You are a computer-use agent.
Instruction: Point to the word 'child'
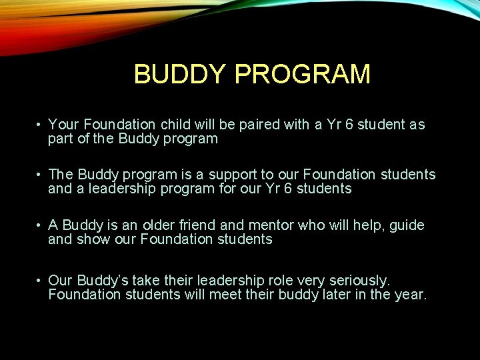[x=155, y=125]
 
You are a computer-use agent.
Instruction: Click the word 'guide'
[x=406, y=226]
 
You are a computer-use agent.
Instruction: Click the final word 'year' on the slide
[x=409, y=295]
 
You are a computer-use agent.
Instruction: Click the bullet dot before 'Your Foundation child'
[x=41, y=125]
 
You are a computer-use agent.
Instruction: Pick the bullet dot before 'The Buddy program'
[x=41, y=175]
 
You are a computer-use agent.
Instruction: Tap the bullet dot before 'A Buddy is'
[x=41, y=225]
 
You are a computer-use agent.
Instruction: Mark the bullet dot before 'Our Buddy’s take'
[x=41, y=280]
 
